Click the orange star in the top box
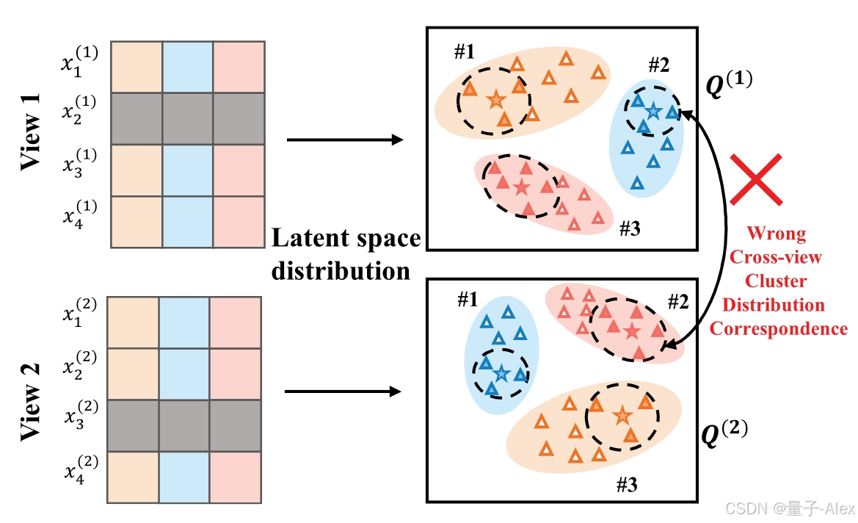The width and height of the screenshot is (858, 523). pyautogui.click(x=496, y=98)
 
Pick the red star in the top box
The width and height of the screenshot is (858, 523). pyautogui.click(x=521, y=187)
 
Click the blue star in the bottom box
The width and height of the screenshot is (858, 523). pyautogui.click(x=501, y=374)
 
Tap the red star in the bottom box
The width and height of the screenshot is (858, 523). pyautogui.click(x=631, y=331)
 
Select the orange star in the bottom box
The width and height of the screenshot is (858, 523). pyautogui.click(x=622, y=416)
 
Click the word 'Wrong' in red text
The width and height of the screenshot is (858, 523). pyautogui.click(x=776, y=234)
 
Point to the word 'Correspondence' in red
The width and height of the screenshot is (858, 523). pyautogui.click(x=778, y=328)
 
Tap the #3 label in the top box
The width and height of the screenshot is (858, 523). pyautogui.click(x=630, y=228)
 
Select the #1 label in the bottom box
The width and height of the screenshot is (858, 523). pyautogui.click(x=468, y=299)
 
